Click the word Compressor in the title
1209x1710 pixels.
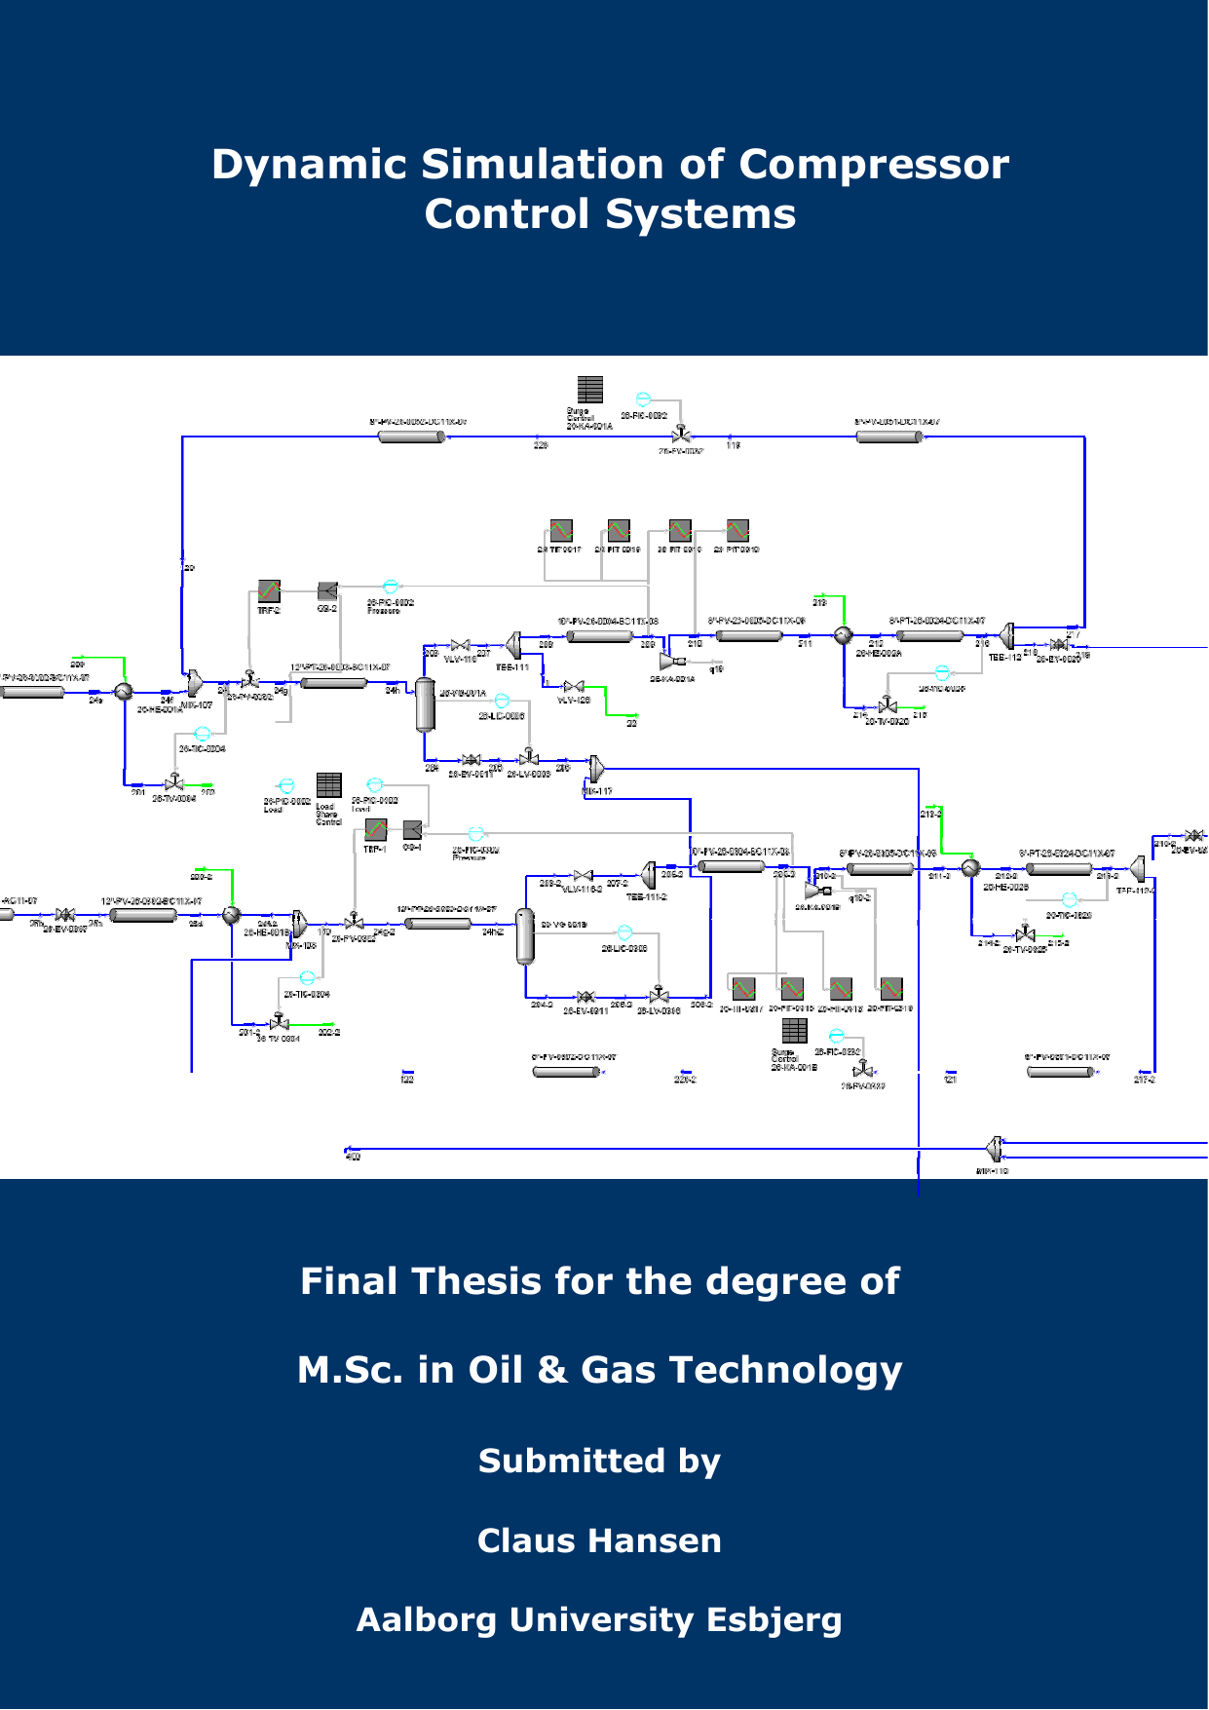(x=874, y=164)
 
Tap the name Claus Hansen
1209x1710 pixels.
(x=599, y=1540)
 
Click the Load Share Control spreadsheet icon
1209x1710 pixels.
(x=329, y=785)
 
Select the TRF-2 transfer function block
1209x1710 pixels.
(x=269, y=590)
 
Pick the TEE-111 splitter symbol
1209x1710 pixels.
(x=513, y=645)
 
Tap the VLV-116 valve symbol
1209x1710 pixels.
(x=461, y=645)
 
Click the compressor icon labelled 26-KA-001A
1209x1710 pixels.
(x=669, y=662)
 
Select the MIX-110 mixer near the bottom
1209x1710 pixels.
(x=995, y=1149)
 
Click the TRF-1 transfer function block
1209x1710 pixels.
(x=375, y=829)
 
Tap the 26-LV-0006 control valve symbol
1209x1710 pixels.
(x=528, y=757)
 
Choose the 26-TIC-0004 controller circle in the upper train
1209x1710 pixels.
(x=203, y=734)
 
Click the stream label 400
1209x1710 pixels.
(x=353, y=1157)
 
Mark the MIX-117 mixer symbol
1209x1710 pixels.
(x=596, y=769)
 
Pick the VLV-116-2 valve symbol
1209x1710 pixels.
(x=583, y=876)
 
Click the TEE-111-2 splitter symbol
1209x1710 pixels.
(x=648, y=875)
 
